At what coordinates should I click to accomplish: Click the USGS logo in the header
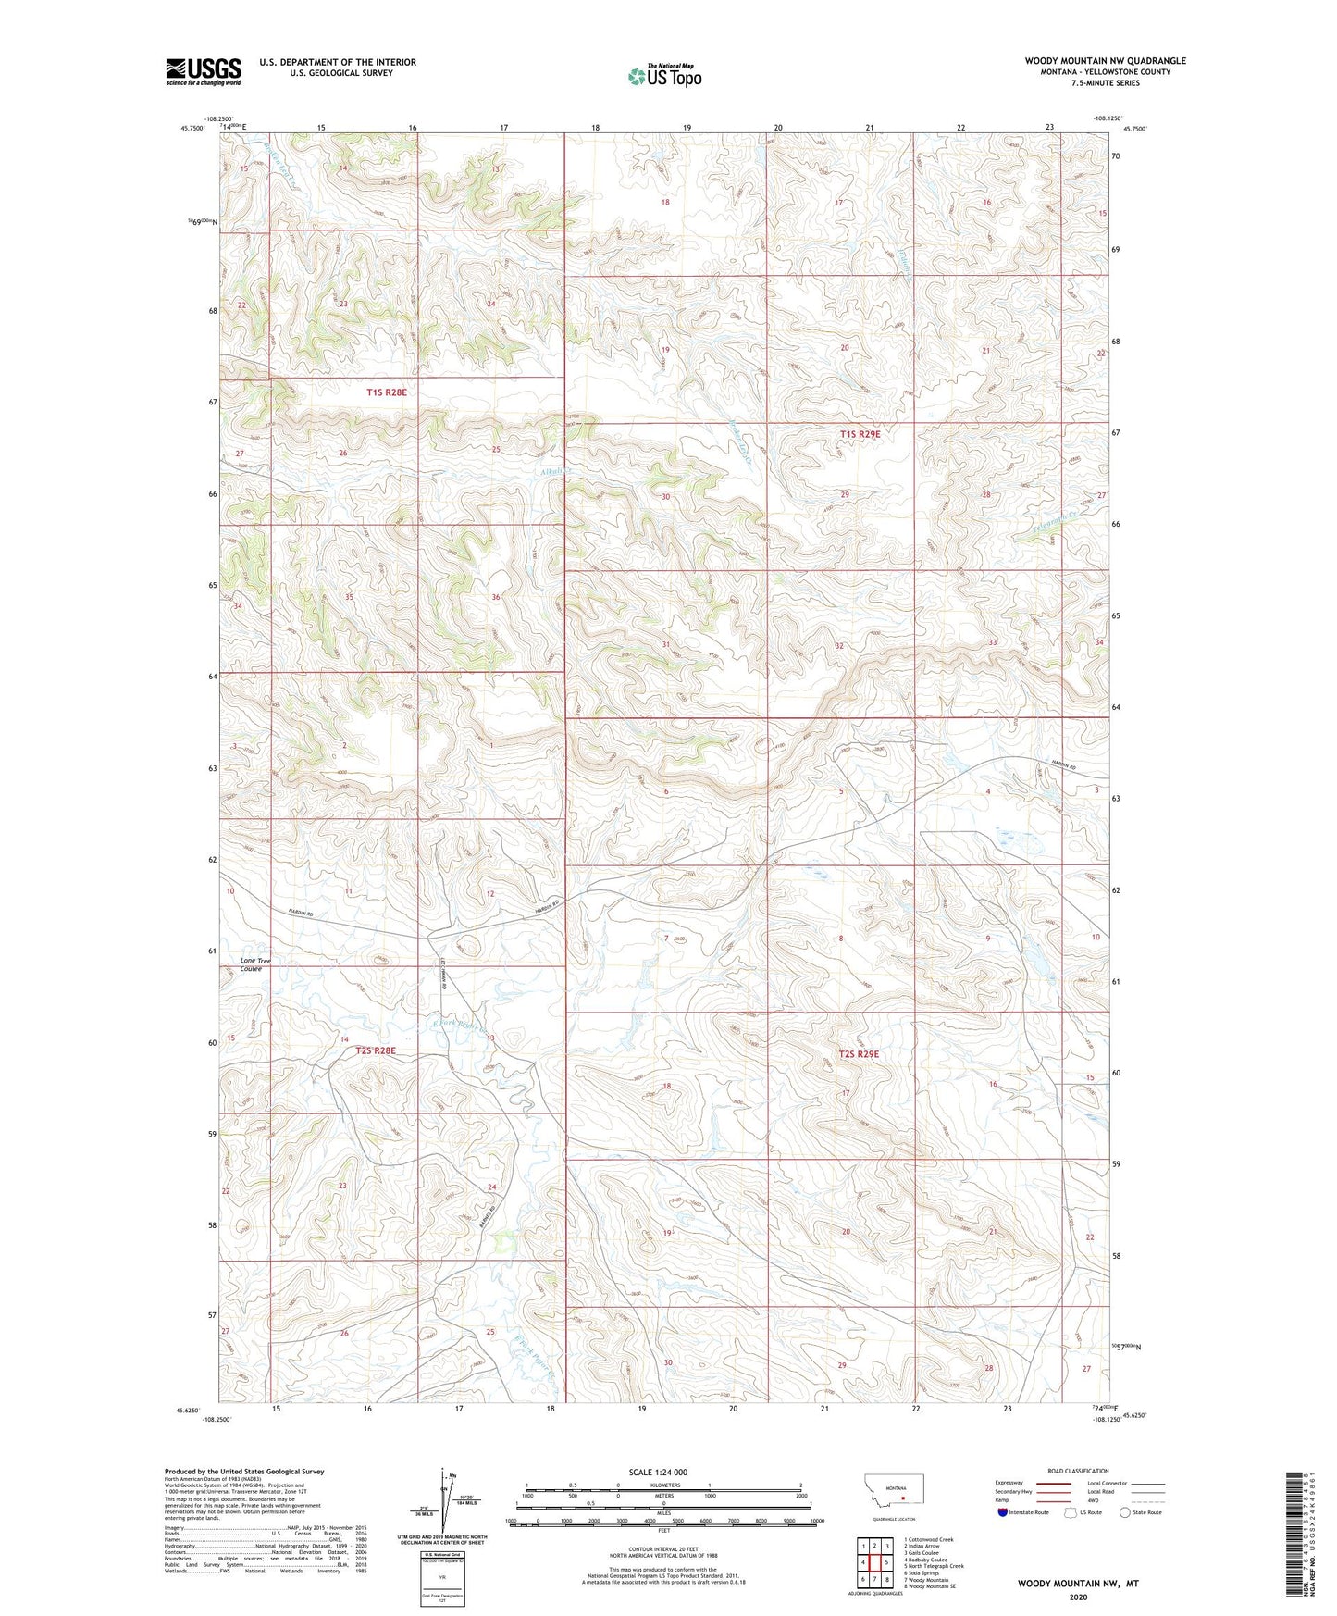click(203, 71)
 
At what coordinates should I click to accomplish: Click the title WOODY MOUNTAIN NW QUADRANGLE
click(1105, 61)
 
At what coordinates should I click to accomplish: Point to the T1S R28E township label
click(386, 392)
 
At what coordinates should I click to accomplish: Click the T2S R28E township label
click(376, 1050)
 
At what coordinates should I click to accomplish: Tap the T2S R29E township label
click(859, 1053)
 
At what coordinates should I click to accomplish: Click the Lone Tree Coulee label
click(255, 964)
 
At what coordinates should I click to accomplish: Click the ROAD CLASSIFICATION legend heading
click(1078, 1471)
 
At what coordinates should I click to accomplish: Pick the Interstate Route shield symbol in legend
click(1003, 1512)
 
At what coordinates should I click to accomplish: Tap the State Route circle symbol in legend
click(1125, 1512)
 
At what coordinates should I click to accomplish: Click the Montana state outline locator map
click(892, 1489)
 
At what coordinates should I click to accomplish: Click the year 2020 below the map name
click(1078, 1597)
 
